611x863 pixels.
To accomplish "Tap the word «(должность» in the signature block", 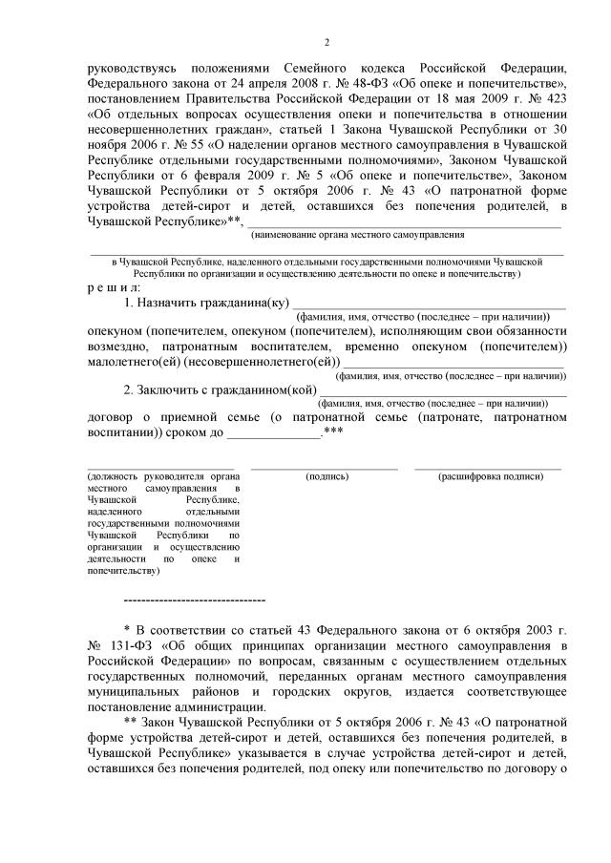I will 114,475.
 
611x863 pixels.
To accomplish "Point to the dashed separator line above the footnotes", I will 195,600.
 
